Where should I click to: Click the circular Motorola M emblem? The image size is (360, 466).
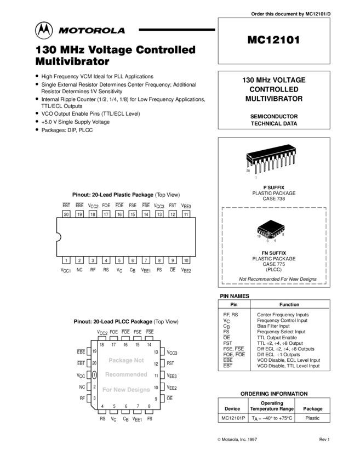point(44,31)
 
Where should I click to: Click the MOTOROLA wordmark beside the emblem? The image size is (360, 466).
point(92,31)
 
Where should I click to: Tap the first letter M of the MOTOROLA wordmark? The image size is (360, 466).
point(64,31)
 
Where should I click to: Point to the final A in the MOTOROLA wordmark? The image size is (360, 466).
point(121,31)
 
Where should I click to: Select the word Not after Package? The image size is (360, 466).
point(139,360)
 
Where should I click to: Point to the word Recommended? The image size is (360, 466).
point(126,374)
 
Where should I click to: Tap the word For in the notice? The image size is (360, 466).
point(107,390)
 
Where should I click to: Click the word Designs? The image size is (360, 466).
point(139,390)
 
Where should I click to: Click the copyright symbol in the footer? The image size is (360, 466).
point(219,440)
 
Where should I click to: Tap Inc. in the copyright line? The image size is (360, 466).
point(243,440)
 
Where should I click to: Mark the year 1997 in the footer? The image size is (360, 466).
point(252,440)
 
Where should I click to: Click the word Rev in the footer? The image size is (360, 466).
point(323,440)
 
